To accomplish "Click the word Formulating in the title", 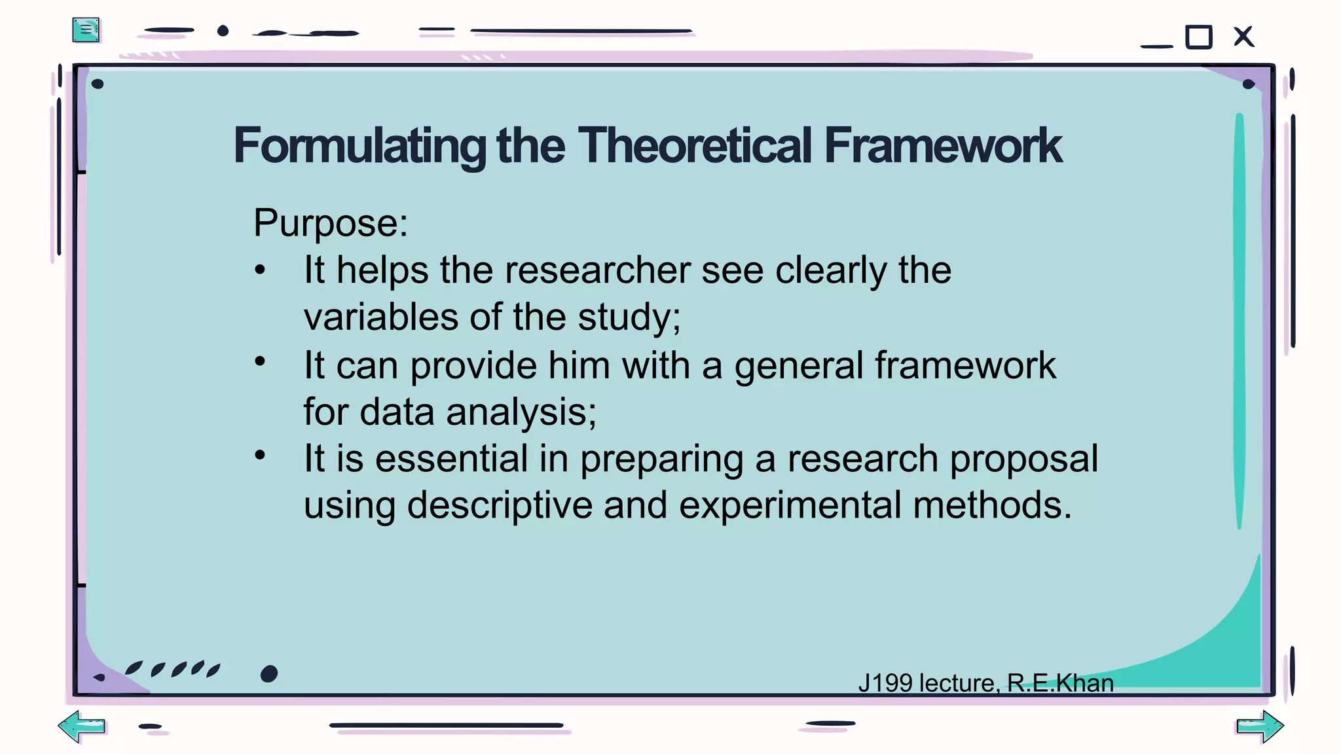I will [359, 145].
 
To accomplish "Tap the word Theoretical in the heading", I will [694, 145].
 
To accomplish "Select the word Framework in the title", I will [943, 145].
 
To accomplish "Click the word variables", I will [380, 317].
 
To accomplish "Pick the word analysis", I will [521, 412].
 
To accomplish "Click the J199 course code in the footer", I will [885, 683].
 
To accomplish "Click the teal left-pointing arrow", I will [82, 726].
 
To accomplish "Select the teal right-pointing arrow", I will [1260, 727].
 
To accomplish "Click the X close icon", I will [1243, 37].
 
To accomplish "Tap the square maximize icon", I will [1199, 37].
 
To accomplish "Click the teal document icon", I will [86, 30].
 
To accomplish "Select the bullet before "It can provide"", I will [260, 361].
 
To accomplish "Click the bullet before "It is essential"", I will [260, 455].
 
